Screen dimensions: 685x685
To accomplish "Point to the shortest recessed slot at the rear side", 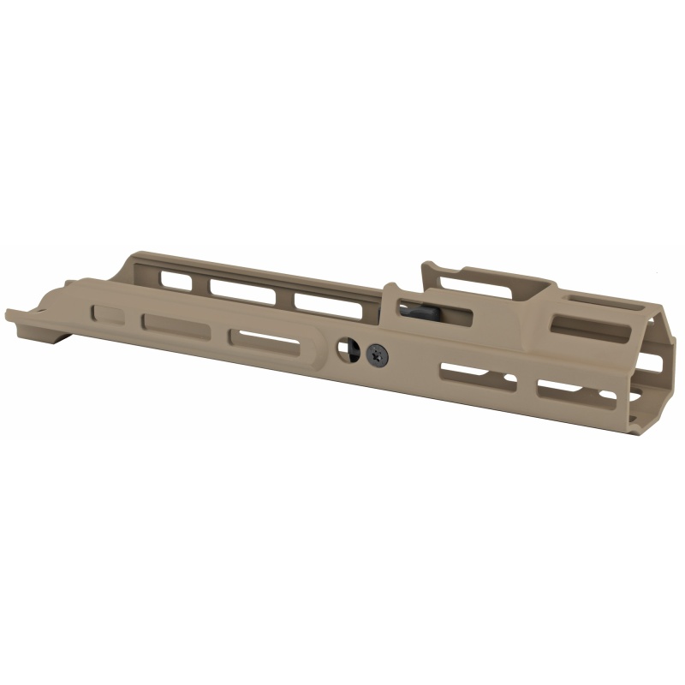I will point(109,314).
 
